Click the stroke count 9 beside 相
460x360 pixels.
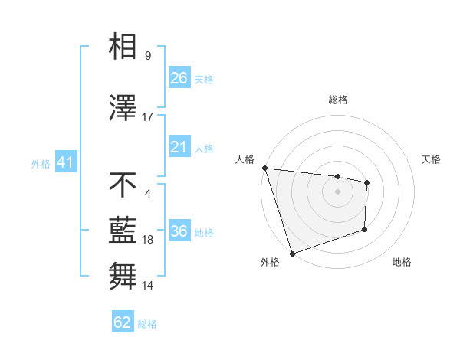click(x=148, y=55)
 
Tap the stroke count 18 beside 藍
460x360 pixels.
click(x=148, y=240)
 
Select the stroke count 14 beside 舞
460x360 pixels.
click(x=148, y=286)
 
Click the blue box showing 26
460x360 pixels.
click(x=179, y=78)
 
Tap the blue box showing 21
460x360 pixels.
click(x=179, y=147)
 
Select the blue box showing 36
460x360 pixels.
click(x=179, y=231)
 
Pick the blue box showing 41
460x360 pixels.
click(x=64, y=163)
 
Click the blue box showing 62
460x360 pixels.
click(x=123, y=322)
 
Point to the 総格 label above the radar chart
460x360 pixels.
click(x=338, y=100)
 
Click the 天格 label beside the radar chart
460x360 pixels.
click(x=432, y=159)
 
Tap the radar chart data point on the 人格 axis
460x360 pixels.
click(x=264, y=168)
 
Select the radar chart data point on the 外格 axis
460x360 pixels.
click(x=292, y=253)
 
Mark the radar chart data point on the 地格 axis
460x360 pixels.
click(x=365, y=229)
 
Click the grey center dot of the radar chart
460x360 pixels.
click(x=338, y=191)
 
